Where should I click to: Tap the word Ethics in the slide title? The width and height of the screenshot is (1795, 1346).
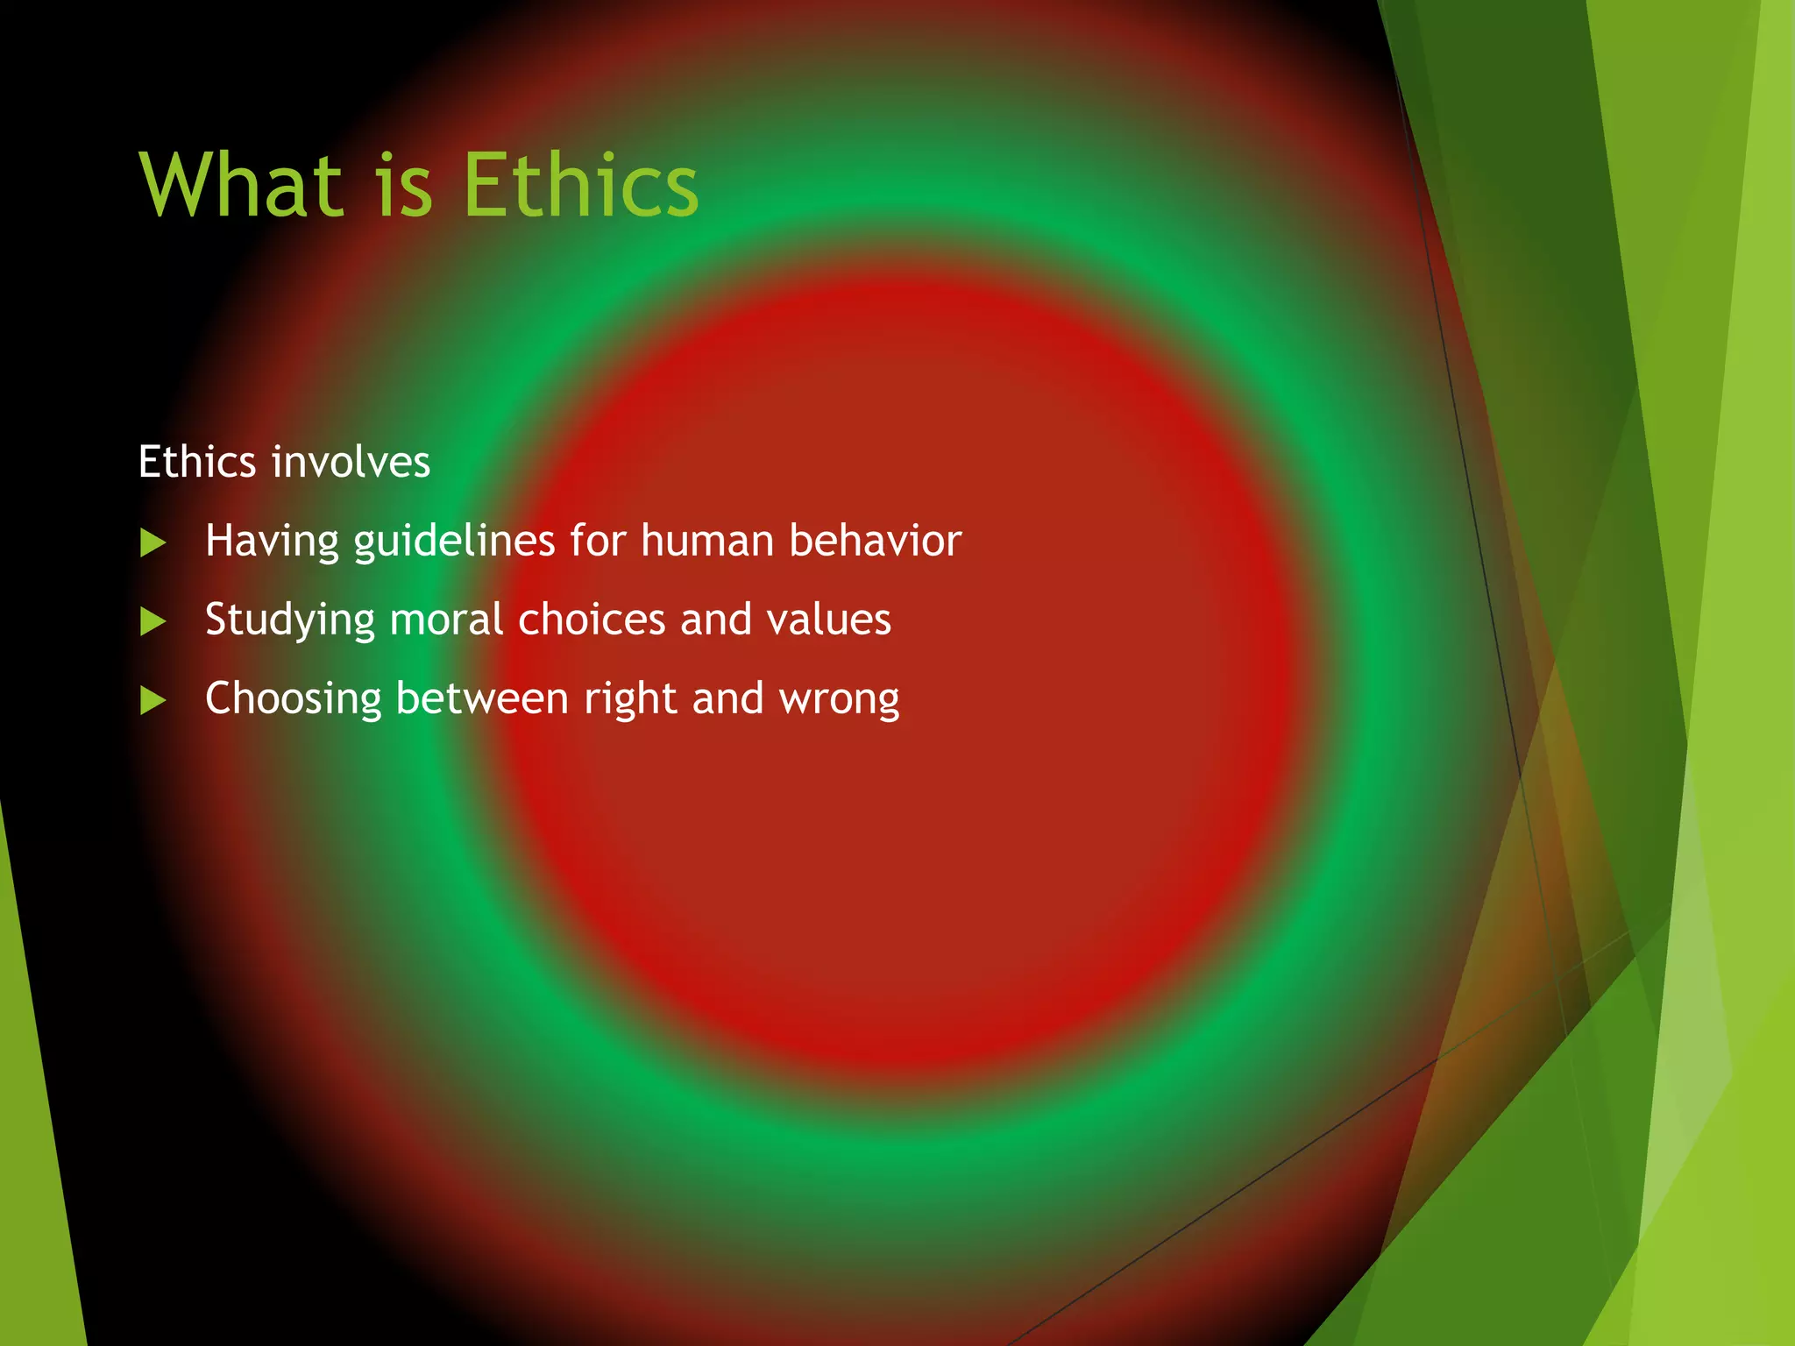pos(579,185)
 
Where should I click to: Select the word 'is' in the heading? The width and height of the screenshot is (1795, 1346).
pos(404,187)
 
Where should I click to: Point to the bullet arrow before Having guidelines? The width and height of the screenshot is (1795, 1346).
pos(153,543)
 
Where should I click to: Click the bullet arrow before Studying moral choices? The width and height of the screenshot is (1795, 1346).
pos(153,622)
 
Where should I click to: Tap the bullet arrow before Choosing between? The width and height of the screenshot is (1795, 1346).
pos(153,701)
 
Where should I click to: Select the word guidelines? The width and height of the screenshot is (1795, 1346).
pos(454,542)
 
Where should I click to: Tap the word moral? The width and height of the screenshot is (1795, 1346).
pos(447,620)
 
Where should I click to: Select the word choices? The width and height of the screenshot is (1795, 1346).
pos(592,620)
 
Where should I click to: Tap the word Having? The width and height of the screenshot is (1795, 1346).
pos(271,542)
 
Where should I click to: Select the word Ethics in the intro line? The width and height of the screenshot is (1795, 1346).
pos(197,462)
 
